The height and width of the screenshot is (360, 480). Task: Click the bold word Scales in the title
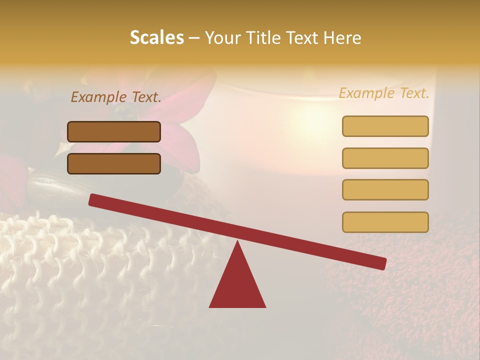tap(156, 37)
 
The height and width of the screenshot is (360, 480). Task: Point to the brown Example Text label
tap(116, 97)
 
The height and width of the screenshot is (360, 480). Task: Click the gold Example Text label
tap(384, 93)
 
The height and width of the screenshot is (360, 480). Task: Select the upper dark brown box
tap(114, 131)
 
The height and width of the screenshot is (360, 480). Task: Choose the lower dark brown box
tap(114, 163)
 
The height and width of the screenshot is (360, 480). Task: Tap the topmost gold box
tap(385, 126)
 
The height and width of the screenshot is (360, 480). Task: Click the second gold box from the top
tap(385, 158)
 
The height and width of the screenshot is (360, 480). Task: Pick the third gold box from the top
tap(385, 190)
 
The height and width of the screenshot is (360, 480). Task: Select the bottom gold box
tap(385, 222)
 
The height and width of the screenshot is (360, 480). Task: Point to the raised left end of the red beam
tap(93, 199)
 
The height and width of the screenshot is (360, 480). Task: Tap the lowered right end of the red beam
tap(382, 263)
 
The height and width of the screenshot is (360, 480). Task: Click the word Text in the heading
tap(304, 37)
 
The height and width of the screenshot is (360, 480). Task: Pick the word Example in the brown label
tap(98, 97)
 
